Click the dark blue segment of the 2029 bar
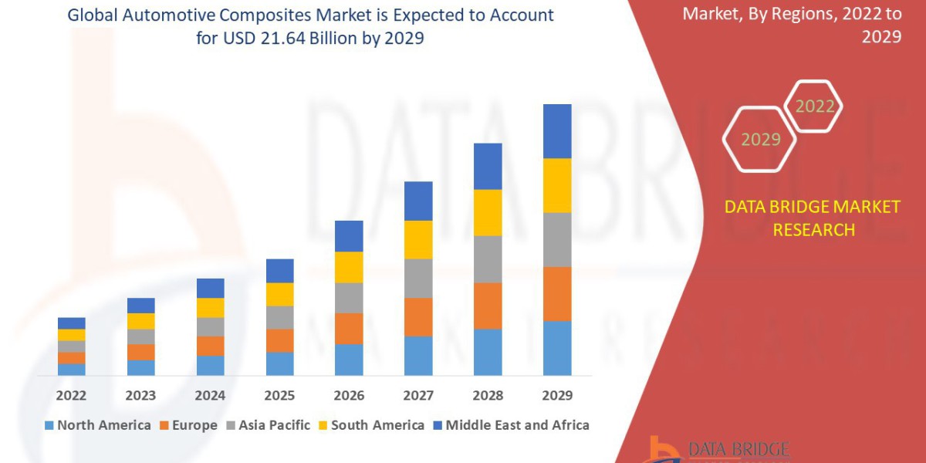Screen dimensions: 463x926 [x=557, y=131]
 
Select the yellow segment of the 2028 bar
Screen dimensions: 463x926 [x=488, y=212]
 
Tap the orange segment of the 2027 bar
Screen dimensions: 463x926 [x=418, y=316]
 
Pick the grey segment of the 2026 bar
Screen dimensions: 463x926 [x=349, y=297]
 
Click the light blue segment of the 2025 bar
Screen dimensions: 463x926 [x=279, y=363]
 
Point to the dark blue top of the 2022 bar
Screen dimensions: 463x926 [x=71, y=323]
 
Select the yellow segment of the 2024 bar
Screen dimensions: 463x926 [x=210, y=307]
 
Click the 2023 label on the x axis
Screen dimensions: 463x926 [x=140, y=395]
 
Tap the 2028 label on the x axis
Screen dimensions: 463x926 [x=488, y=395]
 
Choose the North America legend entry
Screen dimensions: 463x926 [x=98, y=425]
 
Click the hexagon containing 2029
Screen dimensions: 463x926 [x=760, y=139]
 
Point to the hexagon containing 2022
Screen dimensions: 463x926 [x=814, y=106]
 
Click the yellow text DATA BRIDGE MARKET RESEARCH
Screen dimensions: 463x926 [x=813, y=218]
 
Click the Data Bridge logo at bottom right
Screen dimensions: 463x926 [x=718, y=450]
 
